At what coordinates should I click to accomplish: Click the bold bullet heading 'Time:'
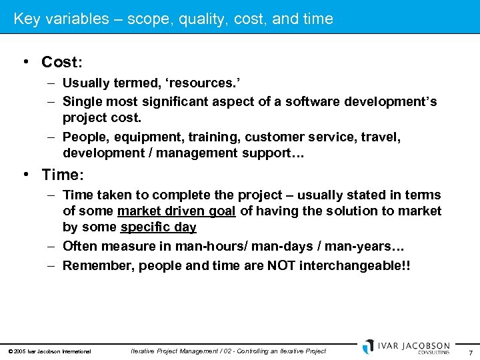coord(62,175)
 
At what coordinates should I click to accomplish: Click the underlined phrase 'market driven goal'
coord(176,211)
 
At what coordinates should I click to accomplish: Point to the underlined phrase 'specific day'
coord(158,227)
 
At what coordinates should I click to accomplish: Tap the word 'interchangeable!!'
coord(355,265)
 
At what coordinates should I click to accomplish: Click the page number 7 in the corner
coord(471,352)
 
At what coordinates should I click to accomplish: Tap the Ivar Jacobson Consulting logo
coord(406,347)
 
